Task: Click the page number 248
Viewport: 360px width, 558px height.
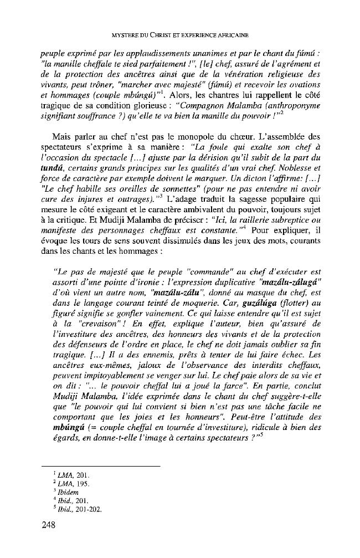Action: [48, 526]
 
